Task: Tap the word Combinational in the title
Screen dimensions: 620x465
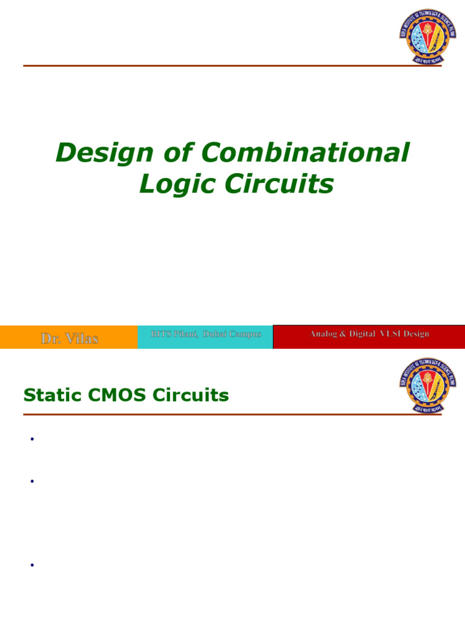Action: click(306, 154)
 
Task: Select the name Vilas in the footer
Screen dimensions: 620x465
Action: click(81, 338)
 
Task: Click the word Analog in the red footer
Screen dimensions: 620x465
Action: click(325, 334)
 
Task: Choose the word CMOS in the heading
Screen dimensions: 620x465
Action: click(111, 395)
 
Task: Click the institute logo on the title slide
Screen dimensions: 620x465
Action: click(427, 36)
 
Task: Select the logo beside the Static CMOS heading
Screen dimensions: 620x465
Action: click(427, 385)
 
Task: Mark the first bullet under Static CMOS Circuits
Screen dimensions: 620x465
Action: click(31, 440)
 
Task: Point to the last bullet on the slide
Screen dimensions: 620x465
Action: click(31, 566)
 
